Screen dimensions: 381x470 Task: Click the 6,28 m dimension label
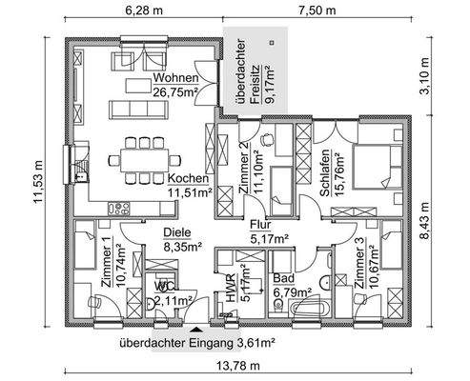[x=140, y=11]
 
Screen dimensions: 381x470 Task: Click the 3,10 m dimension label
[x=450, y=74]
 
